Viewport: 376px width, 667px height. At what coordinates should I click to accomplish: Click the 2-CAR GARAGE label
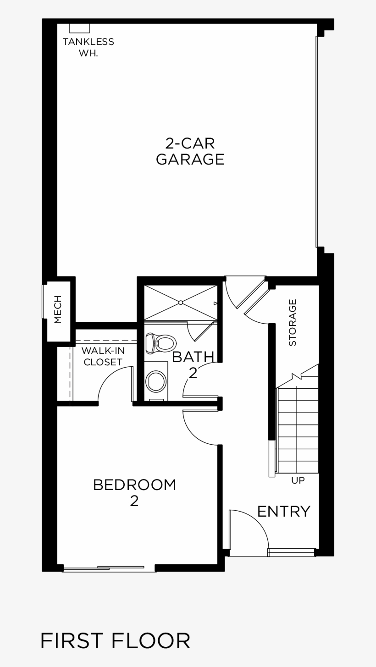[x=190, y=151]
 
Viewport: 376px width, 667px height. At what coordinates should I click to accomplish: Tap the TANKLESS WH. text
[x=88, y=47]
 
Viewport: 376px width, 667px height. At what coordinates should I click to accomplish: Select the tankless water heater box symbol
[x=79, y=28]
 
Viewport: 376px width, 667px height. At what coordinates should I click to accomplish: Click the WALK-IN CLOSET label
[x=103, y=356]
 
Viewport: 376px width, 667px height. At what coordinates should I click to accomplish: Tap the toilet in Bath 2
[x=161, y=343]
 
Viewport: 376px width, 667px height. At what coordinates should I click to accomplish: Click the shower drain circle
[x=181, y=303]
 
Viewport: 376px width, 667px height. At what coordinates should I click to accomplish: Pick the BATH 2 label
[x=193, y=364]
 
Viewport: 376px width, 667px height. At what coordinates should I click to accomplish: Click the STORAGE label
[x=293, y=322]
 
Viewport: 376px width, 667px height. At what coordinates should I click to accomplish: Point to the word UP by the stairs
[x=298, y=480]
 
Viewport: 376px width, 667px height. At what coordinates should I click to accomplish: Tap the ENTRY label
[x=283, y=511]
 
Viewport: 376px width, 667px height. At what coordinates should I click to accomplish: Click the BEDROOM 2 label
[x=134, y=492]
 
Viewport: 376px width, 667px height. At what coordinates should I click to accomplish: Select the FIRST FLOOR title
[x=115, y=641]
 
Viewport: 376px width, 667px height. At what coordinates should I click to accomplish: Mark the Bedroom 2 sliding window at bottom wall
[x=109, y=569]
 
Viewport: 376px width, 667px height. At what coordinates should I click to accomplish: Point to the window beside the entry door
[x=292, y=552]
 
